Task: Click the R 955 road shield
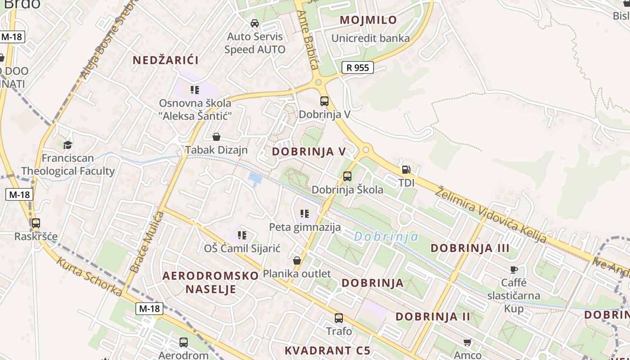[x=358, y=68]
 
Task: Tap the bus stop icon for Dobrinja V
[x=324, y=101]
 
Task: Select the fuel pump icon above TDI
[x=406, y=170]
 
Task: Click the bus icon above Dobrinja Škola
[x=347, y=176]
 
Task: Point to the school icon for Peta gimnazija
[x=305, y=213]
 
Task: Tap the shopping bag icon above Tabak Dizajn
[x=216, y=136]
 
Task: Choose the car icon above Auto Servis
[x=255, y=23]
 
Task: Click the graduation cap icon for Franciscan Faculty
[x=68, y=144]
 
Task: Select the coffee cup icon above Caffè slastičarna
[x=513, y=270]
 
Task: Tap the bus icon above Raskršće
[x=36, y=223]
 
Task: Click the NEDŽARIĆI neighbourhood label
[x=166, y=60]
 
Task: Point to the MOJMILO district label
[x=368, y=20]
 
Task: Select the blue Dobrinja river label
[x=386, y=236]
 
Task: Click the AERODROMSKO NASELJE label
[x=211, y=282]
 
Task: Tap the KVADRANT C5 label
[x=327, y=350]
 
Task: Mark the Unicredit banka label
[x=370, y=38]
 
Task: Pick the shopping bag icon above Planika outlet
[x=297, y=260]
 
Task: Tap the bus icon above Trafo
[x=339, y=318]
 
